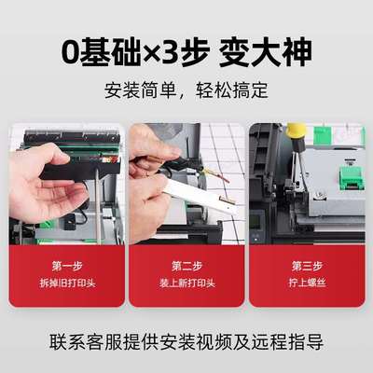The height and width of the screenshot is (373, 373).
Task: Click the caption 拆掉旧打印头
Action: [67, 283]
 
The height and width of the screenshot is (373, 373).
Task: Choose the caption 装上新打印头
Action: [186, 283]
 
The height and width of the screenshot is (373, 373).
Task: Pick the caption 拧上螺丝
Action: [306, 283]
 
